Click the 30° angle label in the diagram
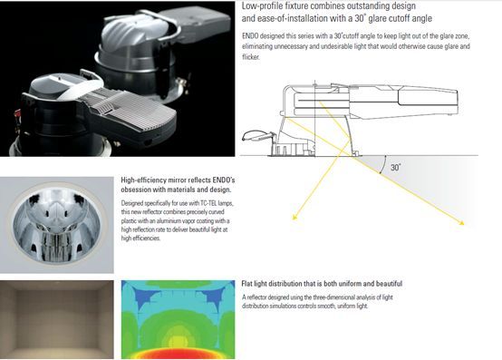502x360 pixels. [396, 167]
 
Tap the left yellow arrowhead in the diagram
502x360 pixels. [294, 218]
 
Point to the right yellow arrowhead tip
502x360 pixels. [464, 225]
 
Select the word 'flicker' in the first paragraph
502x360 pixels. [250, 57]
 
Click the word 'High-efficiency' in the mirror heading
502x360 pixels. [144, 180]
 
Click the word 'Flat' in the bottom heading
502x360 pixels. [246, 284]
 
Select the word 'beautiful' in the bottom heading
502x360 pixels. [389, 284]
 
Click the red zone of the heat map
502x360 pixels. [178, 353]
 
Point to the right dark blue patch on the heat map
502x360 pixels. [214, 294]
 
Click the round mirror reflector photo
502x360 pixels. [57, 225]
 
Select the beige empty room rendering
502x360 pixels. [57, 319]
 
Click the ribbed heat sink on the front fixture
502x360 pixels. [134, 109]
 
